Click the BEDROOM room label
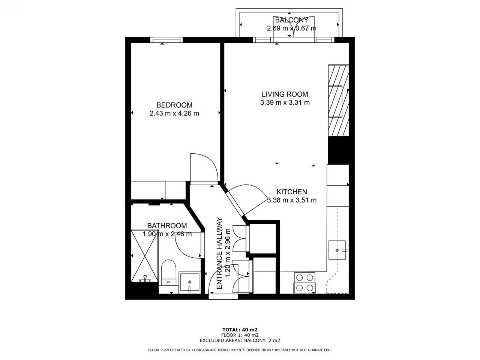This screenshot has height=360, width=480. tap(174, 105)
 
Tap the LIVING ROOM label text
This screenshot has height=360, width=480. tap(285, 94)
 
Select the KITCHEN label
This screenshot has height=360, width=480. tap(292, 192)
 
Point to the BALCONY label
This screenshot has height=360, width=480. tap(291, 20)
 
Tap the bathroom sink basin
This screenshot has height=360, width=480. tap(190, 282)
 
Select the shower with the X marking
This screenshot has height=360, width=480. tap(144, 256)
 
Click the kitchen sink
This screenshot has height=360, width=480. tap(337, 250)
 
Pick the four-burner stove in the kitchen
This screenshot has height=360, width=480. tap(304, 283)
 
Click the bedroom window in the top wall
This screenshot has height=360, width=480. tap(166, 40)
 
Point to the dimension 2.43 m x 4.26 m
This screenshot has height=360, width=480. tap(174, 114)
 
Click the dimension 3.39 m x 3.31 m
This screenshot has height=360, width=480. tap(285, 103)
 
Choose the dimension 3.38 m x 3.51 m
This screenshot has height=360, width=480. tap(292, 200)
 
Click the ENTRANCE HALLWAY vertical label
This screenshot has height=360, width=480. tap(219, 253)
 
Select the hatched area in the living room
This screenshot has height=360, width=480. tap(338, 100)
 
